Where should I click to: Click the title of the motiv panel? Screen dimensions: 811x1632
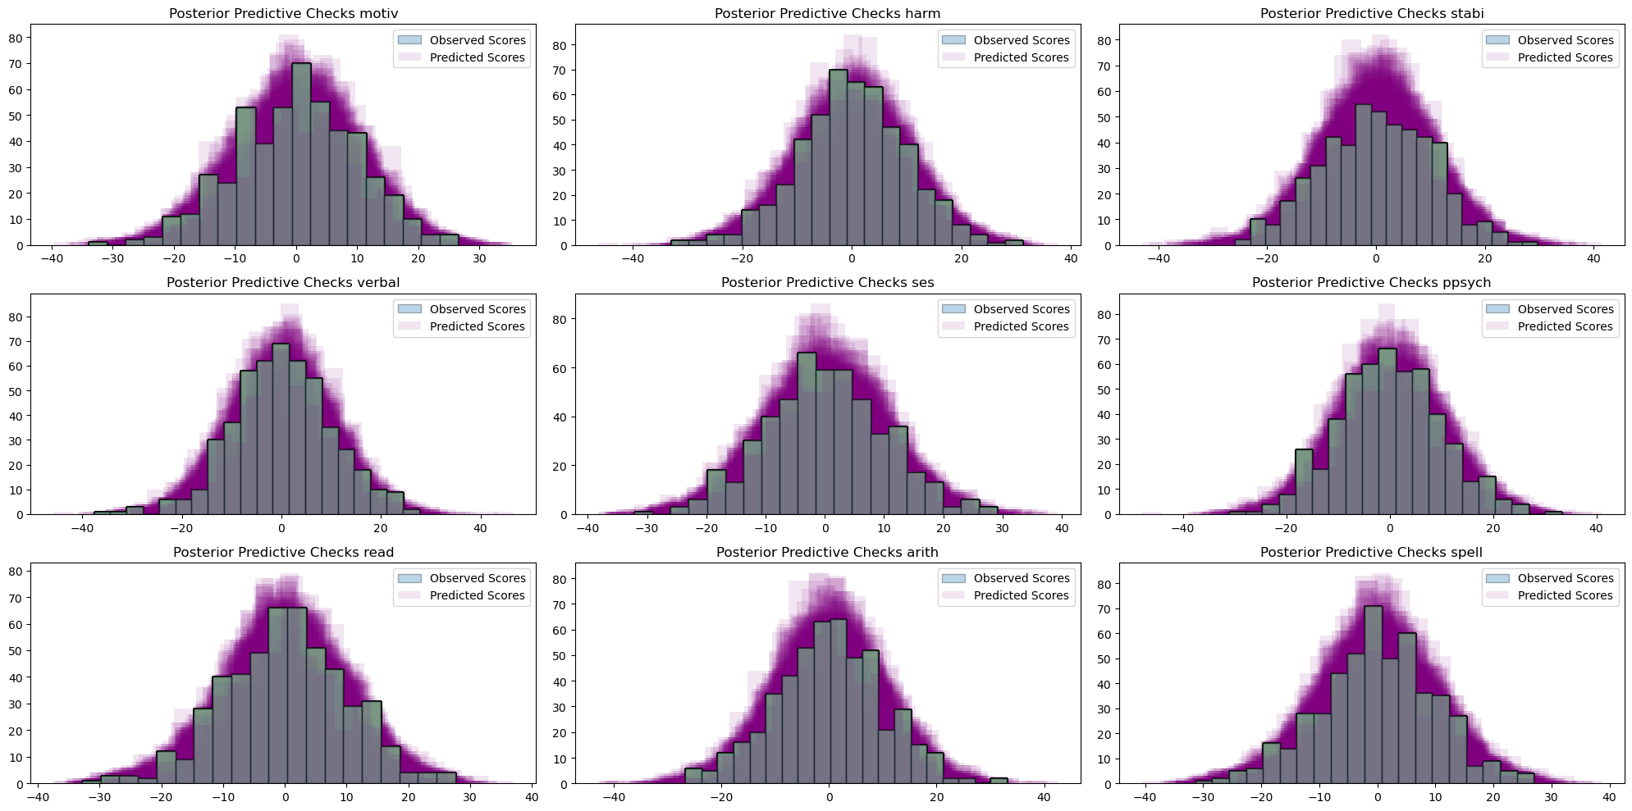pos(283,13)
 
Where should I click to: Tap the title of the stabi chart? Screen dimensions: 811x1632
pos(1372,13)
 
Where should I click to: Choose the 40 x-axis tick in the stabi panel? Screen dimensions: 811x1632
pos(1593,258)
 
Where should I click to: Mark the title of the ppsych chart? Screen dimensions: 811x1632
pos(1371,282)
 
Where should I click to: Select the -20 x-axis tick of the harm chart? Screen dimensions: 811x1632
pos(742,258)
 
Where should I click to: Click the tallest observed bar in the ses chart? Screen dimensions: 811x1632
pos(807,434)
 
